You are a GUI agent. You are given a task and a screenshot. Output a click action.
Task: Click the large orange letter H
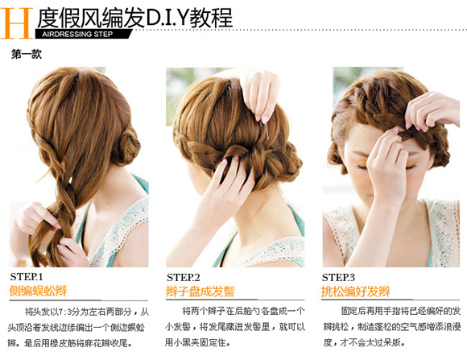(17, 23)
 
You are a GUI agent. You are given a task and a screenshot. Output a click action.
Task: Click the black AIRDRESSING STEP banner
(84, 34)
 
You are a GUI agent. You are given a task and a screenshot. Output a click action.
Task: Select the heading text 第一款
(27, 54)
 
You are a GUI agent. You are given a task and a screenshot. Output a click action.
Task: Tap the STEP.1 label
(27, 277)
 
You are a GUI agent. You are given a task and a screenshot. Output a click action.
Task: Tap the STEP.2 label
(183, 278)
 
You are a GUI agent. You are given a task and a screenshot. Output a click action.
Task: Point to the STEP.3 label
(338, 278)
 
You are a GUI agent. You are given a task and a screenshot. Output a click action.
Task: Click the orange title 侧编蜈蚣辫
(39, 291)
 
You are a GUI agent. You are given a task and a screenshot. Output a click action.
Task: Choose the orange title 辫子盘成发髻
(200, 292)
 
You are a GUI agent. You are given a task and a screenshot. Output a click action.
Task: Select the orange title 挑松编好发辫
(356, 292)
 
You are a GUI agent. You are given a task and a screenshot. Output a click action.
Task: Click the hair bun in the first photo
(126, 148)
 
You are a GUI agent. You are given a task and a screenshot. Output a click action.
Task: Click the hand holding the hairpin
(261, 95)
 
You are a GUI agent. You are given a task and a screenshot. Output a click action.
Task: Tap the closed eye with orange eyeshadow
(362, 166)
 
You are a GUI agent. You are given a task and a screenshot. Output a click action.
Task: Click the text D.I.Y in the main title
(167, 19)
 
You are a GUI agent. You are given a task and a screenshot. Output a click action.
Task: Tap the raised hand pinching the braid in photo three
(432, 112)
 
